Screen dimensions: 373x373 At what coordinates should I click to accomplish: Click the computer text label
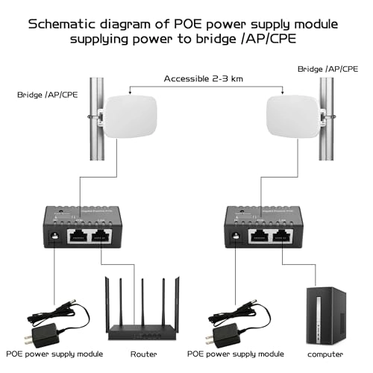[325, 354]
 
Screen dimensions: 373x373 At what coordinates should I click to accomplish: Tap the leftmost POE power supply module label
[46, 354]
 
